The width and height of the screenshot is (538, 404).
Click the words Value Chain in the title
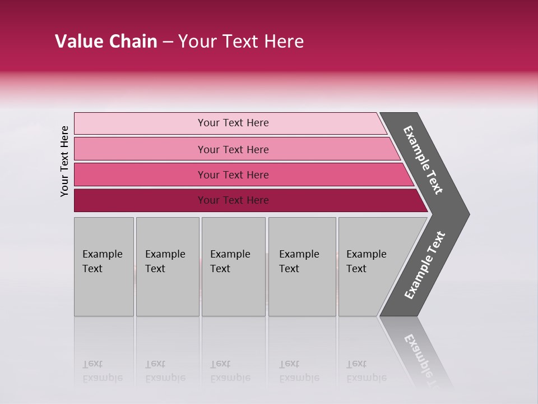click(106, 42)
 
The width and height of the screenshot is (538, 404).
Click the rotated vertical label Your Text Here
click(64, 161)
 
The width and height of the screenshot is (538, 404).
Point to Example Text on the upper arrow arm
click(423, 160)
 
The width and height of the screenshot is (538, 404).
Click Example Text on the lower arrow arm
click(425, 265)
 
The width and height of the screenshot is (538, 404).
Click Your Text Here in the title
click(241, 42)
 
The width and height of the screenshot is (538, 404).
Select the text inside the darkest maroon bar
click(233, 200)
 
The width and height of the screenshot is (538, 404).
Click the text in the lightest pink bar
click(233, 123)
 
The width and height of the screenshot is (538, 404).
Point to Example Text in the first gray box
click(102, 261)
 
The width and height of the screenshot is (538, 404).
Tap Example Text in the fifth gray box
click(366, 261)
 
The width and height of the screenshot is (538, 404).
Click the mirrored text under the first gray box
click(102, 371)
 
